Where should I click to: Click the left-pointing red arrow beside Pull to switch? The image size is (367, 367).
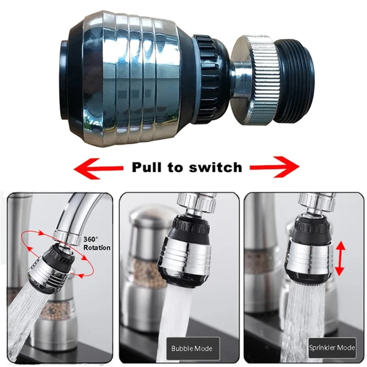click(x=98, y=168)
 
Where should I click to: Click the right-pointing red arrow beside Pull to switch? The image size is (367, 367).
click(x=274, y=167)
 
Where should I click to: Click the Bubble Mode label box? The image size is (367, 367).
click(x=193, y=349)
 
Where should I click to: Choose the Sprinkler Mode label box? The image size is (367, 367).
click(x=332, y=348)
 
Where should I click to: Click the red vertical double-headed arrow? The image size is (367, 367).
click(x=340, y=258)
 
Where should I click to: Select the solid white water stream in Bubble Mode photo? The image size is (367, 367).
click(x=174, y=321)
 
